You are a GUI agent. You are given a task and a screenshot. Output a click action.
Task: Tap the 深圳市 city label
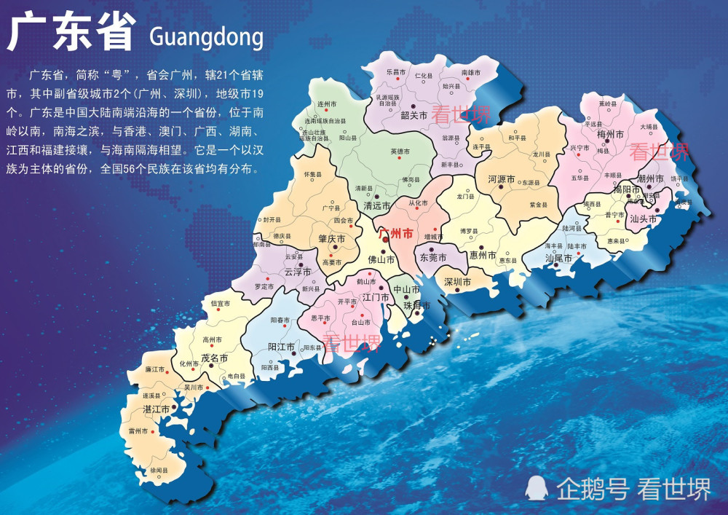457,281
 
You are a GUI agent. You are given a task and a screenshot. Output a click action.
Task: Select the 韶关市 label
414,114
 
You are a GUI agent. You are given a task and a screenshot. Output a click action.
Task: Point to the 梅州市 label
609,135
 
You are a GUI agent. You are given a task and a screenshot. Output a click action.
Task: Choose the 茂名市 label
215,358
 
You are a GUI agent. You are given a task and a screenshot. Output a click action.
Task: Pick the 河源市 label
501,178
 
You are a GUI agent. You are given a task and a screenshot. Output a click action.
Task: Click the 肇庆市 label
331,239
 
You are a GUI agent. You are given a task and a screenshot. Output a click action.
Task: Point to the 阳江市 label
281,347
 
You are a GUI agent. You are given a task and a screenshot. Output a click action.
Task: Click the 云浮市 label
298,272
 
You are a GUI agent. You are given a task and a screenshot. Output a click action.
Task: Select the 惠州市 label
483,256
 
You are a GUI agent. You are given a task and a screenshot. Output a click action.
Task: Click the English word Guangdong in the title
205,36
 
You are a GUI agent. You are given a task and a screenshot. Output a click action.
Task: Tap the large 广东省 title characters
72,32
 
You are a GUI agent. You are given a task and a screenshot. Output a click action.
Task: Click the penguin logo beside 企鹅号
537,487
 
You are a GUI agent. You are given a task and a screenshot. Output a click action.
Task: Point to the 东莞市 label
432,258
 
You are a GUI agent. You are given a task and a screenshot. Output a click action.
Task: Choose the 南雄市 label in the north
472,73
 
